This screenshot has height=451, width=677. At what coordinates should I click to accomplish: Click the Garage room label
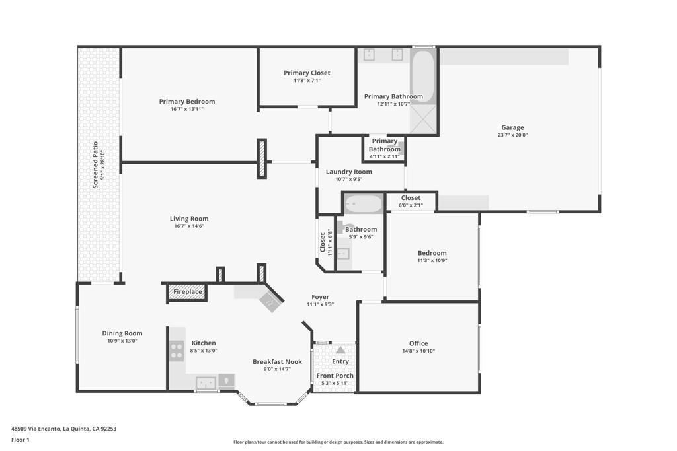(512, 127)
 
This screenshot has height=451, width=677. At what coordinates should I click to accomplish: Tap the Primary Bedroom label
(186, 102)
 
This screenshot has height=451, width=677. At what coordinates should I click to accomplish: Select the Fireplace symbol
(188, 292)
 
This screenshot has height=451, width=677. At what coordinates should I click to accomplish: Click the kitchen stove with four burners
(177, 350)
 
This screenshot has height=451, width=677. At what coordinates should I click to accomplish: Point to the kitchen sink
(206, 382)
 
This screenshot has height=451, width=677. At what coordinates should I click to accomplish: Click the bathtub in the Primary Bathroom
(422, 75)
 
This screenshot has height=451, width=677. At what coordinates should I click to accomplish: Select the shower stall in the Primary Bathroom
(423, 120)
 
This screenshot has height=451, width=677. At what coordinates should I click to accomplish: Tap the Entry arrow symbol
(340, 350)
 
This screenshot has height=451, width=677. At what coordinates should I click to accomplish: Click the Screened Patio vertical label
(95, 165)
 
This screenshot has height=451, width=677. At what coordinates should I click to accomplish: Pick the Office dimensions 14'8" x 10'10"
(418, 351)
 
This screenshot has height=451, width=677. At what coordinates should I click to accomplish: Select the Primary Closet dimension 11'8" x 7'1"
(307, 81)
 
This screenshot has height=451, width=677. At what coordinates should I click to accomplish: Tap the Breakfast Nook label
(277, 361)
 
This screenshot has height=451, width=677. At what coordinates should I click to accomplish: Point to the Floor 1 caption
(20, 440)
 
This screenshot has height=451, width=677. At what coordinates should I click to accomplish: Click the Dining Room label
(122, 333)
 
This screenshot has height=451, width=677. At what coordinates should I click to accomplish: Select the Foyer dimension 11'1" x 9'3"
(320, 305)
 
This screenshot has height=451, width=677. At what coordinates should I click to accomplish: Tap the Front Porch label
(335, 376)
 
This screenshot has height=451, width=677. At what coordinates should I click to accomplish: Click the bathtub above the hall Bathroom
(363, 204)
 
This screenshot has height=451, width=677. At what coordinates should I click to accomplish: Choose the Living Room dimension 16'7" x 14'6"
(189, 226)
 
